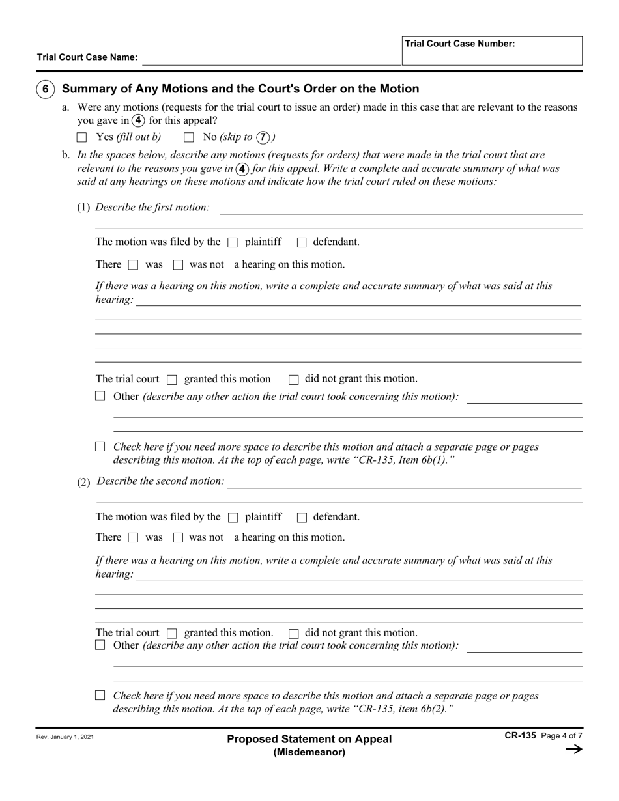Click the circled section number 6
(45, 89)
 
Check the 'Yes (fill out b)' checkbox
(81, 137)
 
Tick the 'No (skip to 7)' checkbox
(189, 137)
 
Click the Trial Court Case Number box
(492, 51)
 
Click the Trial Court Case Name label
(87, 57)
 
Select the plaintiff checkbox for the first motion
(233, 242)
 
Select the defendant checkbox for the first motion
(301, 242)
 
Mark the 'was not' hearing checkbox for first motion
(178, 265)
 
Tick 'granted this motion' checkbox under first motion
(172, 380)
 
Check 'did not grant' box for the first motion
(293, 380)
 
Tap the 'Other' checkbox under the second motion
(100, 645)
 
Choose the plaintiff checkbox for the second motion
(233, 518)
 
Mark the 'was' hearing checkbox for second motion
(133, 538)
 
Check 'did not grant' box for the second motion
(293, 633)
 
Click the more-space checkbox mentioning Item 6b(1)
(100, 447)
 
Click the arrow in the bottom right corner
(573, 749)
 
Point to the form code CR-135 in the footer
(520, 735)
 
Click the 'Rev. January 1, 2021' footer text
(65, 738)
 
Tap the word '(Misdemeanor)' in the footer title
(309, 752)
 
